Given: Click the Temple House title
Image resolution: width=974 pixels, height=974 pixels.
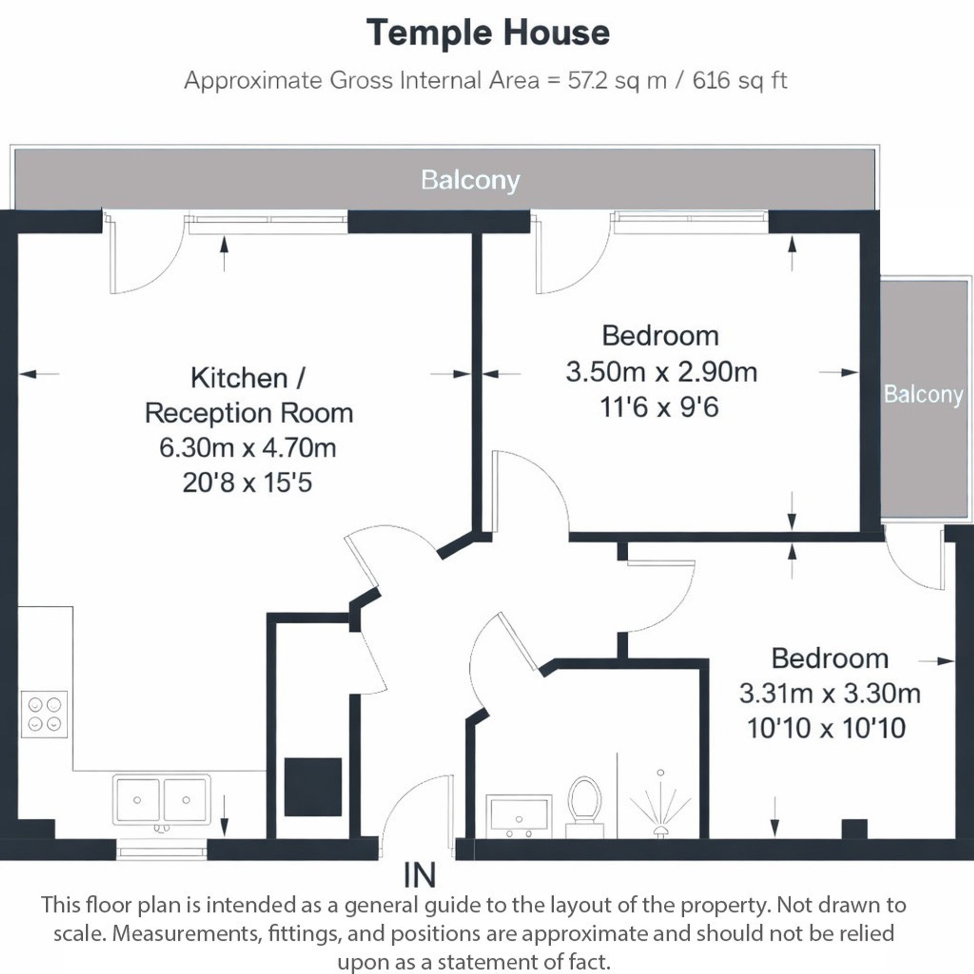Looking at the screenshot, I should pos(488,33).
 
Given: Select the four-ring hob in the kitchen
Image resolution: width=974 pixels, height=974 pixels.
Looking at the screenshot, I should pos(44,714).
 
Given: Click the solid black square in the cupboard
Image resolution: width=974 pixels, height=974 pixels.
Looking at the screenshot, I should pos(313,787).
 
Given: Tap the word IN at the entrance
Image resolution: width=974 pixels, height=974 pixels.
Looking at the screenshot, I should pos(419,876).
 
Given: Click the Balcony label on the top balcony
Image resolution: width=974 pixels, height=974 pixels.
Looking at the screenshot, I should pos(470,180).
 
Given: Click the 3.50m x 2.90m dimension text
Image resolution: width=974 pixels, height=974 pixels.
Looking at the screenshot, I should pos(661,372).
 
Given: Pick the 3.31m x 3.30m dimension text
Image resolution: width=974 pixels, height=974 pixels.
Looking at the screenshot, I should pos(829,693).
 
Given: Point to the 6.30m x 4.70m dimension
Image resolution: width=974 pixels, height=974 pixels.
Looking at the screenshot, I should pos(247,448).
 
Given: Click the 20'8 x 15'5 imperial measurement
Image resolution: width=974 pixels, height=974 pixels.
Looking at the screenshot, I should pos(247,483).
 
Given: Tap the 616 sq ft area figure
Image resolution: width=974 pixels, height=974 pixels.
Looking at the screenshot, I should pos(739,80).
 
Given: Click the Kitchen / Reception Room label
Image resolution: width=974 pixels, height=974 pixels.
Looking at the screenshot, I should pos(248,395).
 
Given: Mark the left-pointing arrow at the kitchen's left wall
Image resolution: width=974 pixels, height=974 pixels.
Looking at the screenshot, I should pos(38,374).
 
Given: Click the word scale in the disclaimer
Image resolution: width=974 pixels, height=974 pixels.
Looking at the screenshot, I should pos(79,933).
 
